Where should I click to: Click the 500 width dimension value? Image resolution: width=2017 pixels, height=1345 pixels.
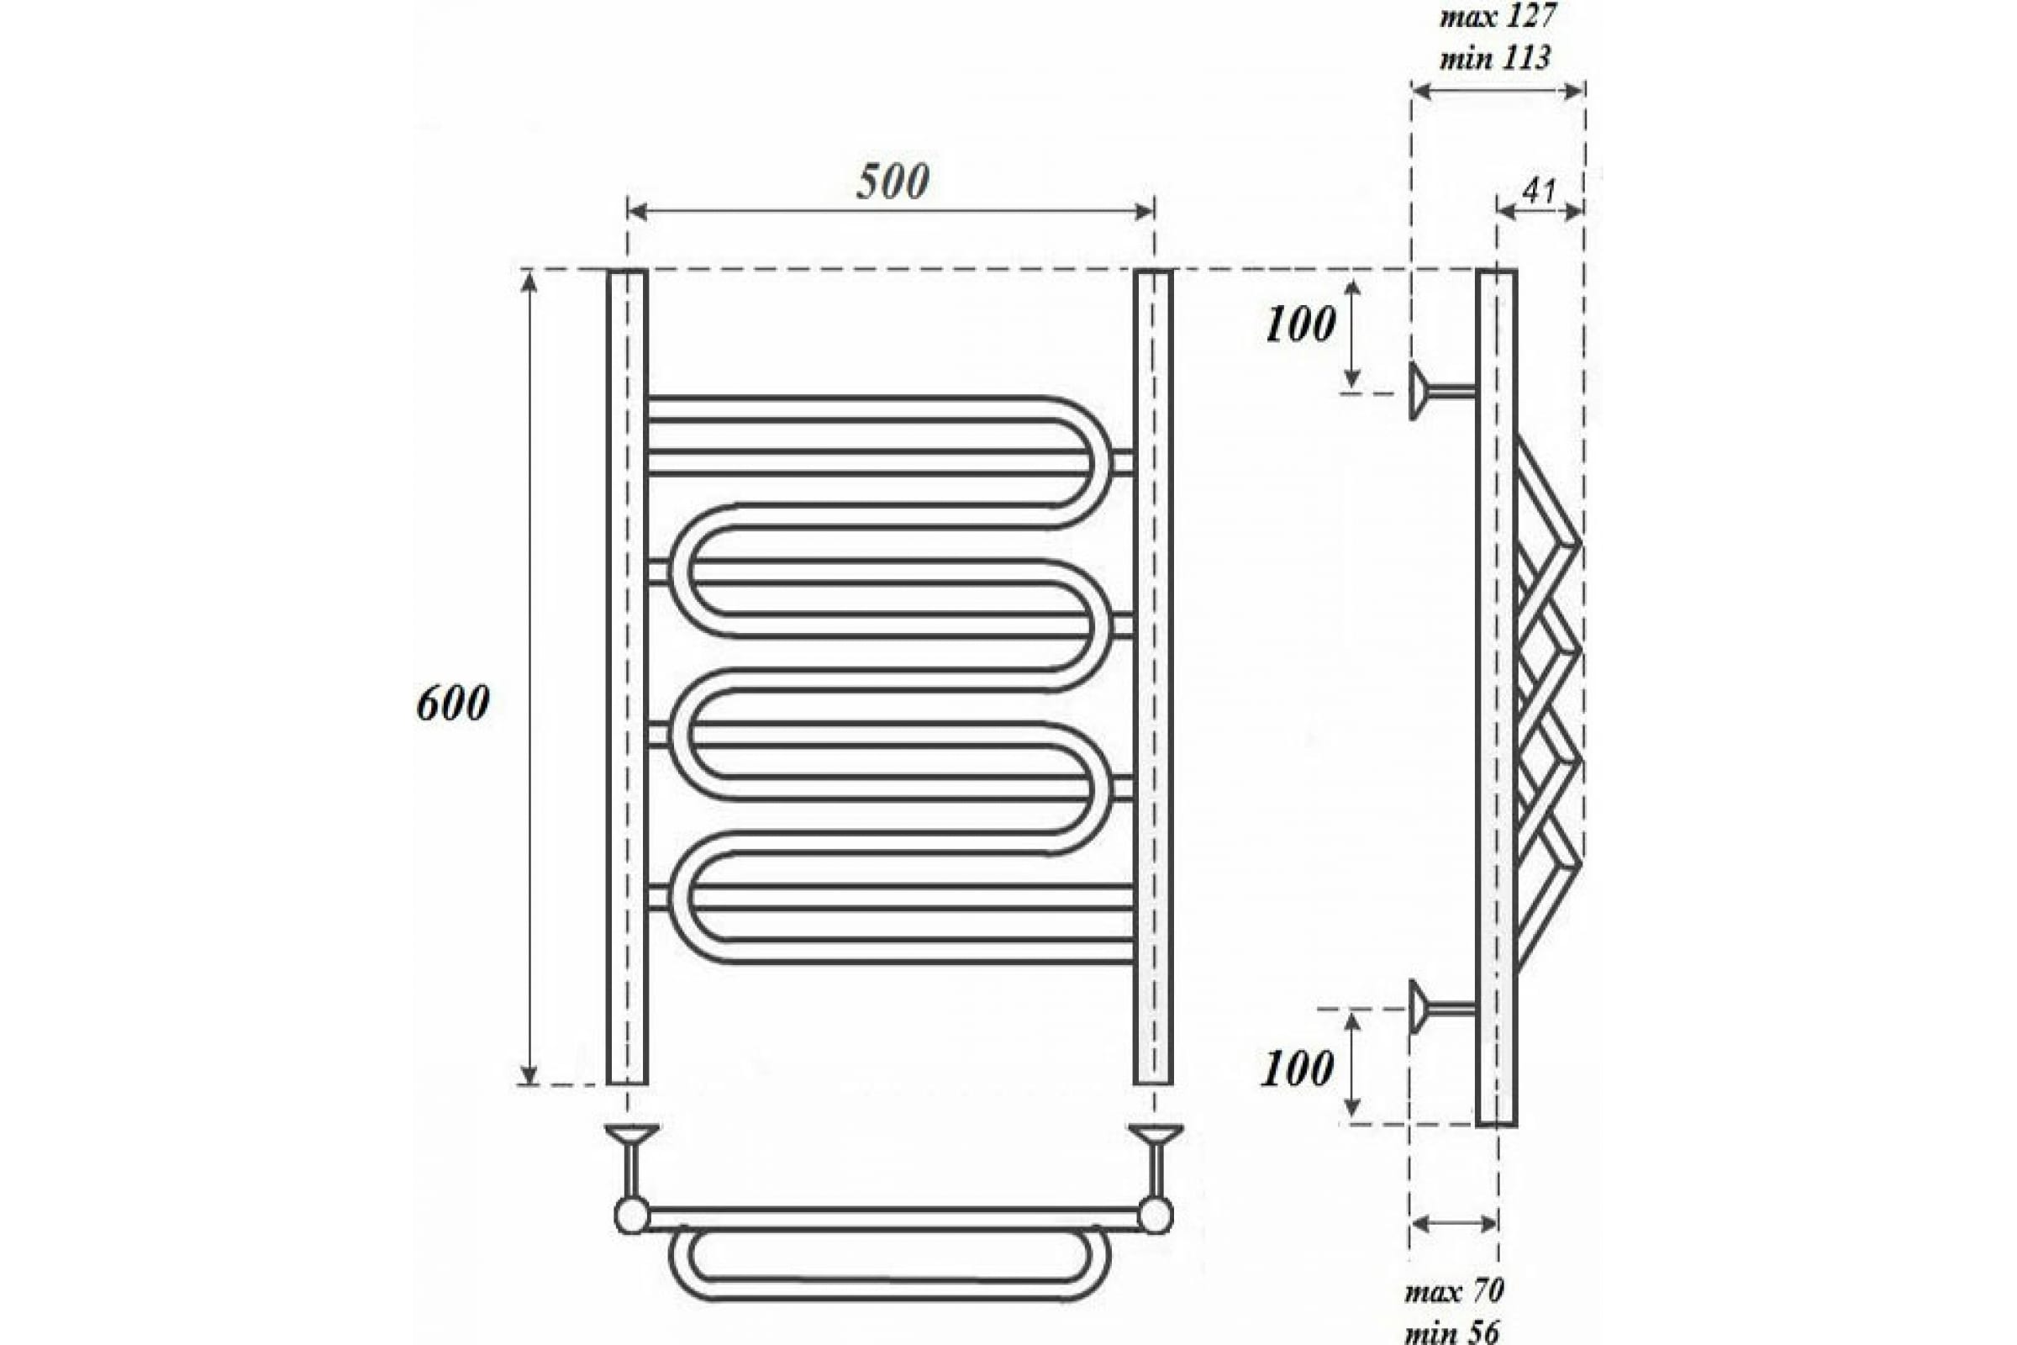[892, 181]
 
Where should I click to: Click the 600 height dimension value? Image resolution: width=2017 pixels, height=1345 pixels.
[453, 703]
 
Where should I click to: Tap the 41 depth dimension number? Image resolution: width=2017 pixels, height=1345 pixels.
[1539, 191]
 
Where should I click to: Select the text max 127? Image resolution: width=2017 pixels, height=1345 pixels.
[1497, 16]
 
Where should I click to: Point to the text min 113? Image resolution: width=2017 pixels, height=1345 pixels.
[1495, 57]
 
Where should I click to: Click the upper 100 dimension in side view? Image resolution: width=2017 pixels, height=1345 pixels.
[1300, 325]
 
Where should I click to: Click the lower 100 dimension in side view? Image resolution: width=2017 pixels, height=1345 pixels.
[1297, 1068]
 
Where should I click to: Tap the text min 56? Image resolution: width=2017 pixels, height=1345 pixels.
[1452, 1332]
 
